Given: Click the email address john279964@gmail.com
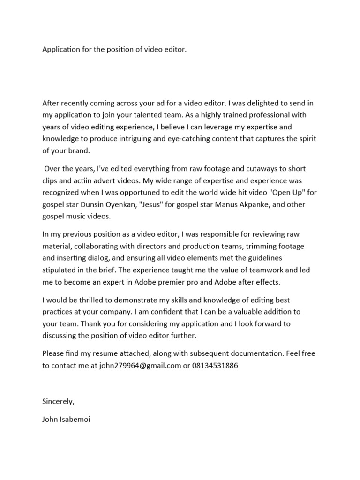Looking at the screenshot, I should point(140,366).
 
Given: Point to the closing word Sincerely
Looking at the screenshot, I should point(59,402).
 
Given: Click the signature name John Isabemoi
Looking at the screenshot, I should point(66,419).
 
